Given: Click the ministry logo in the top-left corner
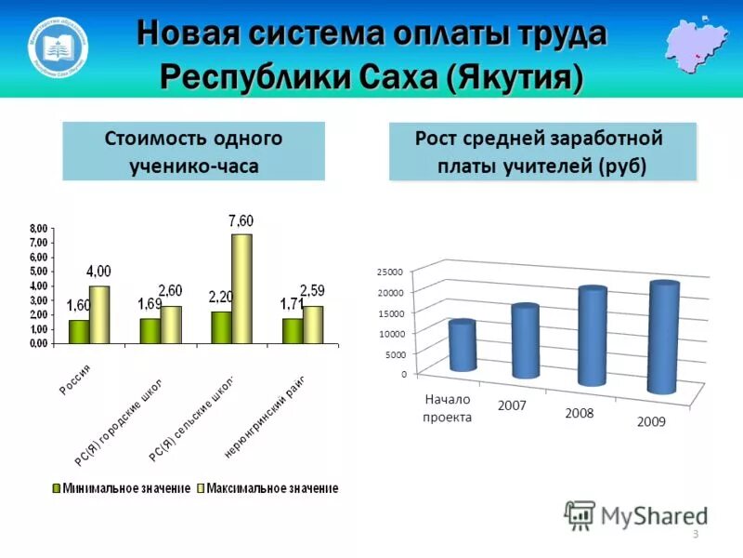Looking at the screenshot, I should click(60, 45).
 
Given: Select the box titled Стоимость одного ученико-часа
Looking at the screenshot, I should click(193, 152).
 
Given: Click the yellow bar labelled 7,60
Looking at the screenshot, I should click(241, 288).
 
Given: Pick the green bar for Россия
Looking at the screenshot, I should click(79, 331).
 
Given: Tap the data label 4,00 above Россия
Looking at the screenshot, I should click(98, 272).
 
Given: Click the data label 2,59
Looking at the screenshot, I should click(313, 290).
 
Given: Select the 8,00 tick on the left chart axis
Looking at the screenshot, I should click(38, 229).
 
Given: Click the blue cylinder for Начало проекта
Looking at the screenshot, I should click(462, 346).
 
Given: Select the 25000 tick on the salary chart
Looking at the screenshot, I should click(390, 272).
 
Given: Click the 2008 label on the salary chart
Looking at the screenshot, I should click(580, 413).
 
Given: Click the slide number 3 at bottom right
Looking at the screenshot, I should click(695, 533).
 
